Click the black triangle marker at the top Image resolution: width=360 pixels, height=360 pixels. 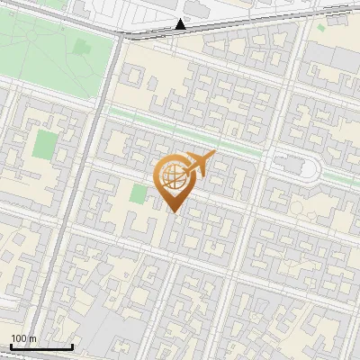pyautogui.click(x=181, y=23)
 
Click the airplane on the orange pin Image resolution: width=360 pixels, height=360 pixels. pyautogui.click(x=200, y=164)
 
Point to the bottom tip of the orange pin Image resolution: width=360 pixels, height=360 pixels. pyautogui.click(x=174, y=212)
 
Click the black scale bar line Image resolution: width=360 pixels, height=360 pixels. pyautogui.click(x=41, y=346)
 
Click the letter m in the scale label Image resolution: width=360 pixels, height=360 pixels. pyautogui.click(x=31, y=338)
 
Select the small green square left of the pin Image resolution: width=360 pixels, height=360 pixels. pyautogui.click(x=138, y=193)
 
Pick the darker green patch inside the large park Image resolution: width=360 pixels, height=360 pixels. pyautogui.click(x=82, y=46)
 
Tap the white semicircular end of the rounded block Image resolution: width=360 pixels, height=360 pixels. pyautogui.click(x=314, y=167)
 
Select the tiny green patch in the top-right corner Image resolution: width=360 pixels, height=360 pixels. pyautogui.click(x=320, y=28)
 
